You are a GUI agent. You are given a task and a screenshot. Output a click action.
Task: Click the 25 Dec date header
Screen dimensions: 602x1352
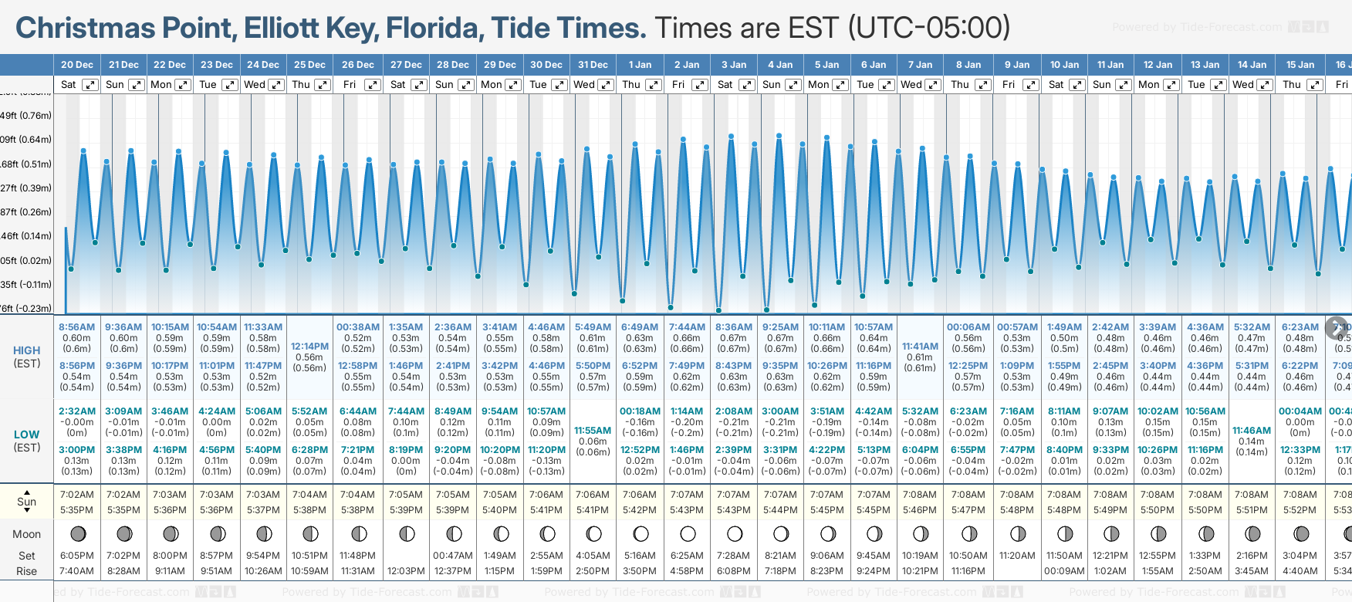coord(309,65)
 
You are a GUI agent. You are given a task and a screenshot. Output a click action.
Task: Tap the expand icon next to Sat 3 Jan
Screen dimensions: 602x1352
coord(747,85)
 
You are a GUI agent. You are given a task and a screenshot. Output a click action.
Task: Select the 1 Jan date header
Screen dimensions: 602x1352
coord(640,65)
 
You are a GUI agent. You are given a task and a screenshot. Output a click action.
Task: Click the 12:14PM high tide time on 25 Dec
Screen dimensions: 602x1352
coord(309,347)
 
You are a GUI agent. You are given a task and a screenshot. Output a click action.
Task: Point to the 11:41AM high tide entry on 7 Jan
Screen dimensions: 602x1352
coord(920,347)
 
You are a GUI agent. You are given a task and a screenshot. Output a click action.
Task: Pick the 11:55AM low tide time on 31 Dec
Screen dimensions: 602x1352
coord(593,431)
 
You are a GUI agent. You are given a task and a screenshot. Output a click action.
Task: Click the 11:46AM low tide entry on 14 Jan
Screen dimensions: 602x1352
coord(1251,431)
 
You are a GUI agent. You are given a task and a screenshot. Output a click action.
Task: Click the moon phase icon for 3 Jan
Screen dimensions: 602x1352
coord(734,533)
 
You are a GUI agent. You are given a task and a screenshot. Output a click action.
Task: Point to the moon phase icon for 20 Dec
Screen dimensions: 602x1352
coord(77,533)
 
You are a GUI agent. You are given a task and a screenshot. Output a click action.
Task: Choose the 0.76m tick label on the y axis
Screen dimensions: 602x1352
coord(26,116)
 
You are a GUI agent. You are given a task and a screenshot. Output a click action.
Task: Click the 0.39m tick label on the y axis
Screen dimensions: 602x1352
coord(26,188)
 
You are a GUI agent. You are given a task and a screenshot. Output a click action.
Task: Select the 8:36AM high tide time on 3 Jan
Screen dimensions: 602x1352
coord(733,327)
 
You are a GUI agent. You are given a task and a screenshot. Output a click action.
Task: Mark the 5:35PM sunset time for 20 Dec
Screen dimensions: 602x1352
coord(76,510)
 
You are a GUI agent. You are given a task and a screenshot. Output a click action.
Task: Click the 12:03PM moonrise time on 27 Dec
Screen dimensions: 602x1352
coord(406,571)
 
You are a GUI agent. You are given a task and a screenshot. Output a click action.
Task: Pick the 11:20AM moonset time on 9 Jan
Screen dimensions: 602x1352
coord(1016,556)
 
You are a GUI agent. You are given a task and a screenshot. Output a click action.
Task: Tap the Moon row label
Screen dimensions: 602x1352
coord(26,534)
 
